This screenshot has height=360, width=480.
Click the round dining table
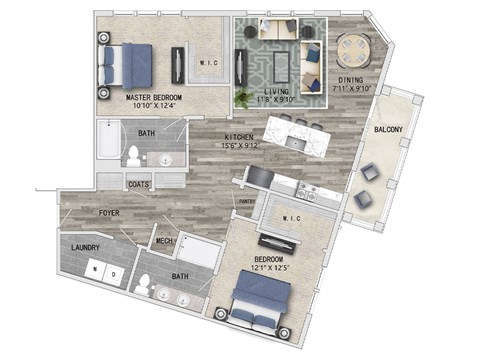point(353,49)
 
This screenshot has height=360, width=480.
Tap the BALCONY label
point(388,129)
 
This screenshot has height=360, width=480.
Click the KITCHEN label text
point(238,137)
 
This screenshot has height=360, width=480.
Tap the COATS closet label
point(139,184)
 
